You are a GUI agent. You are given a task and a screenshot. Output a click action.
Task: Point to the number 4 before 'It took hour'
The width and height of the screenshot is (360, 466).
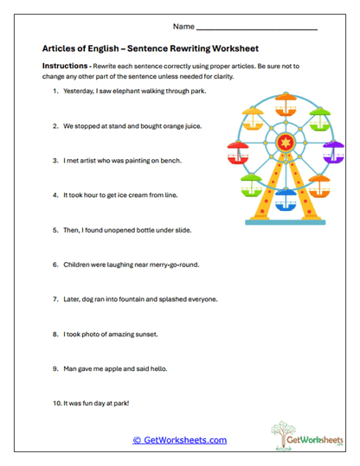point(55,195)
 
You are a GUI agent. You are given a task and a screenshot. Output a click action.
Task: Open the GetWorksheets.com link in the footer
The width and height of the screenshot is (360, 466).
point(180,440)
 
